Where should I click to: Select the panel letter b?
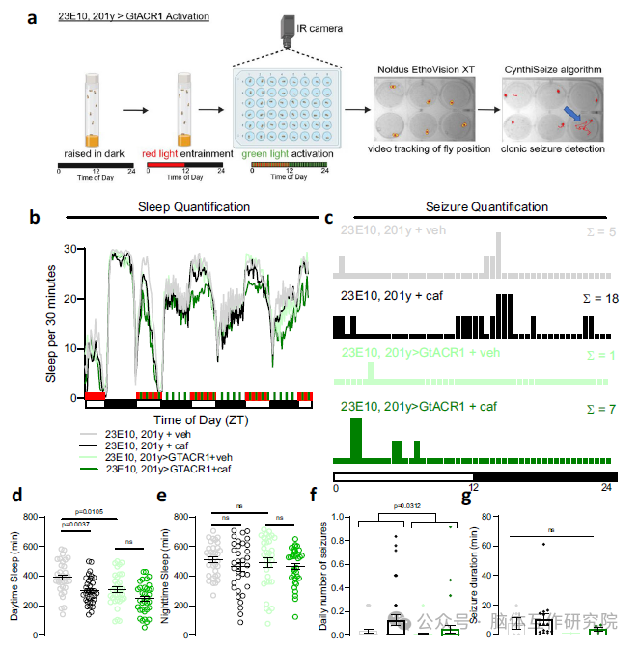coord(35,219)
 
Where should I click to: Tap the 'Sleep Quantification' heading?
coord(194,207)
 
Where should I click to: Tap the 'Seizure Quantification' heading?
coord(486,207)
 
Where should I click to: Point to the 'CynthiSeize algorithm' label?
coord(554,71)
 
